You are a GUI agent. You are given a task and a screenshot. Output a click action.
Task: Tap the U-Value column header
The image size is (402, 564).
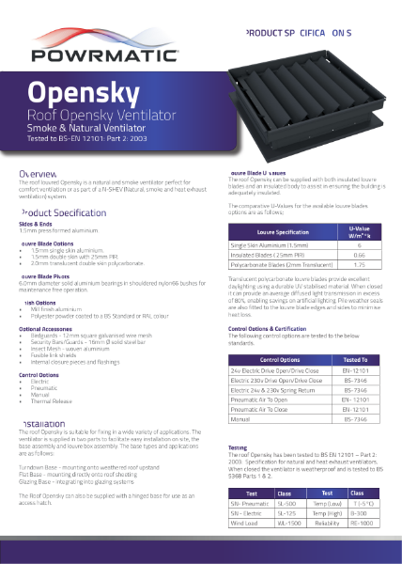point(359,231)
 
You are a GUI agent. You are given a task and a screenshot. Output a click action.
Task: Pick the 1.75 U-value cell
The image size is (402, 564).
point(359,266)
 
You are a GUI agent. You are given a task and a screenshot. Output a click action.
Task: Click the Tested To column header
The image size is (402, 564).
point(355,385)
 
